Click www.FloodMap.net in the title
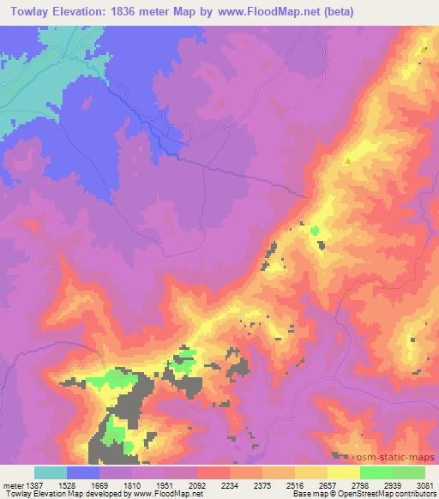(x=264, y=11)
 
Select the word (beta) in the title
(x=334, y=11)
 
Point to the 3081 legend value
(x=425, y=484)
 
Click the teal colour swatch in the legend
(x=51, y=472)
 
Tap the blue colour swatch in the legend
(x=83, y=472)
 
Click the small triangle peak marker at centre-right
(x=347, y=159)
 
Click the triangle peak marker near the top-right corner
(x=425, y=49)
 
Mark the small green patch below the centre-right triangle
(x=315, y=231)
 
